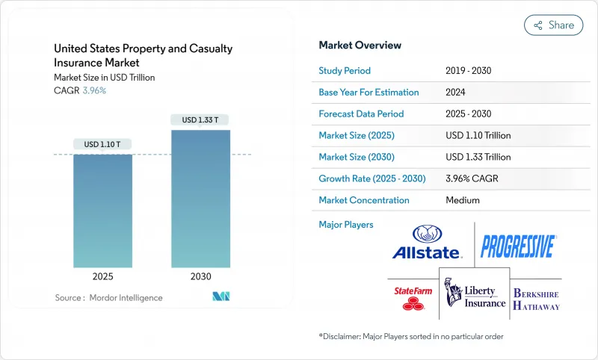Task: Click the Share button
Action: (x=553, y=25)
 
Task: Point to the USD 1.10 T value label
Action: (x=102, y=144)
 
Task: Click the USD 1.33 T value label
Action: (x=200, y=120)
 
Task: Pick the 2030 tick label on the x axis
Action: (x=200, y=276)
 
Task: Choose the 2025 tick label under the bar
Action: (x=102, y=276)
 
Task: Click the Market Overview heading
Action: (x=360, y=45)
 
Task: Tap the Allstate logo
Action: (x=427, y=243)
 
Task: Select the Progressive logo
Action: (x=518, y=246)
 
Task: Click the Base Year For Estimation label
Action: (x=369, y=93)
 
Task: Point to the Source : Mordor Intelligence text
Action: (x=108, y=298)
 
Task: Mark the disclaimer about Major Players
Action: (x=411, y=336)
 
